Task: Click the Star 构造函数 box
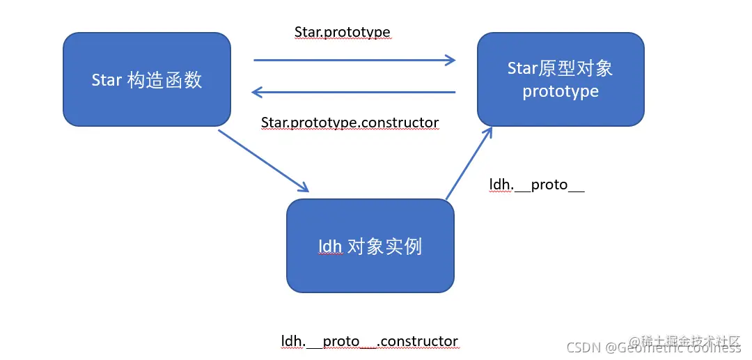pyautogui.click(x=146, y=79)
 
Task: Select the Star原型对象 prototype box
pyautogui.click(x=561, y=79)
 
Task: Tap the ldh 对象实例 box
pyautogui.click(x=370, y=246)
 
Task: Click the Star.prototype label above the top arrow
pyautogui.click(x=342, y=33)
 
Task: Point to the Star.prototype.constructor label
pyautogui.click(x=350, y=123)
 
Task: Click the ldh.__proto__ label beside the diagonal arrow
pyautogui.click(x=536, y=185)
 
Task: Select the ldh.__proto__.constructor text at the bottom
pyautogui.click(x=369, y=341)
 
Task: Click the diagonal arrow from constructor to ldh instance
pyautogui.click(x=263, y=160)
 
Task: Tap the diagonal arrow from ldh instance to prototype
pyautogui.click(x=469, y=164)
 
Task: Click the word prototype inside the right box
pyautogui.click(x=561, y=91)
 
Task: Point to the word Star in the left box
pyautogui.click(x=107, y=80)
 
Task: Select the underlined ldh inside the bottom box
pyautogui.click(x=329, y=246)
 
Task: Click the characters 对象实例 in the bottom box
pyautogui.click(x=384, y=246)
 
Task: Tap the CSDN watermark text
pyautogui.click(x=584, y=347)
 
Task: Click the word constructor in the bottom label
pyautogui.click(x=420, y=341)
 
